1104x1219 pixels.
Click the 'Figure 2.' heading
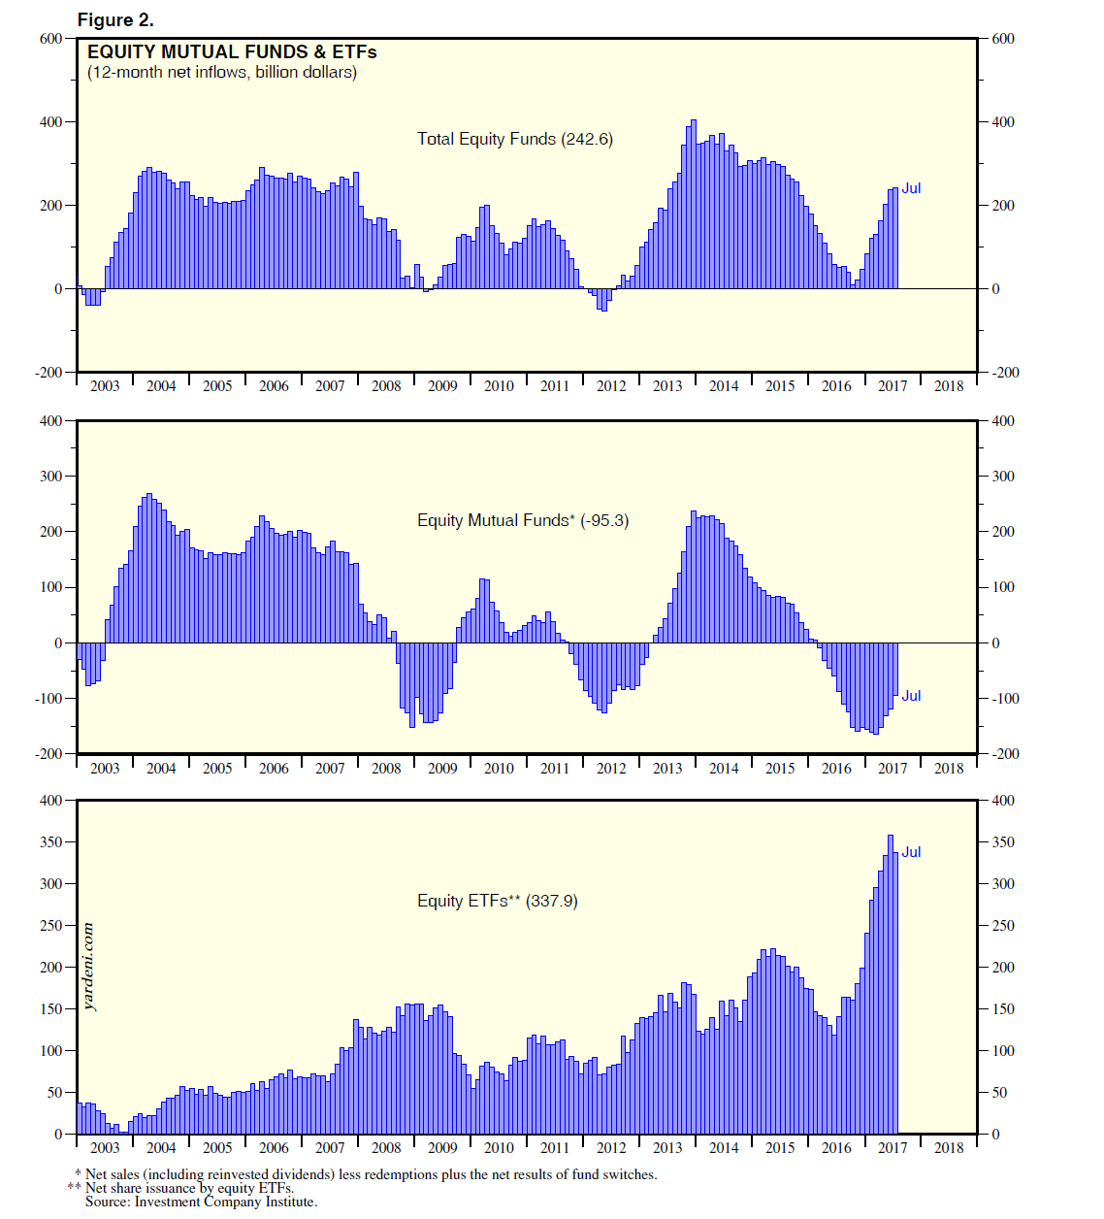click(115, 19)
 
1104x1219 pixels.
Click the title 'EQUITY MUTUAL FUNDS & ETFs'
click(232, 52)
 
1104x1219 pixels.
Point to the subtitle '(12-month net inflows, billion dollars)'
click(222, 73)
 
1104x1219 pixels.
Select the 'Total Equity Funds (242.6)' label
click(514, 139)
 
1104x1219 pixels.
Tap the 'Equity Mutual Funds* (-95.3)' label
click(522, 520)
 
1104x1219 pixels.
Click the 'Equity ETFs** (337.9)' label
click(497, 901)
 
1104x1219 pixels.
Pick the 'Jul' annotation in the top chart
click(911, 188)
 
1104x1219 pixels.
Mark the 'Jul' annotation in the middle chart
click(911, 696)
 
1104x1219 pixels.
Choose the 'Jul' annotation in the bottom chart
click(911, 852)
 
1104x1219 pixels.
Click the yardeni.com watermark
click(89, 967)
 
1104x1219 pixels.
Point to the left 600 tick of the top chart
click(50, 39)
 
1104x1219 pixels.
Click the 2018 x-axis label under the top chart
click(949, 386)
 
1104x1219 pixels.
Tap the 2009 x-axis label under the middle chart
click(442, 769)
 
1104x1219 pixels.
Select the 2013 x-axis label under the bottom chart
click(667, 1148)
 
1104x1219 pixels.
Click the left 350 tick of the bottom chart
click(50, 842)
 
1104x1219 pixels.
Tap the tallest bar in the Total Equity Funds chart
click(693, 204)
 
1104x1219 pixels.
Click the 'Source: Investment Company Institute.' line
click(201, 1202)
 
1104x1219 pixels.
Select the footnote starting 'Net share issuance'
click(189, 1188)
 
